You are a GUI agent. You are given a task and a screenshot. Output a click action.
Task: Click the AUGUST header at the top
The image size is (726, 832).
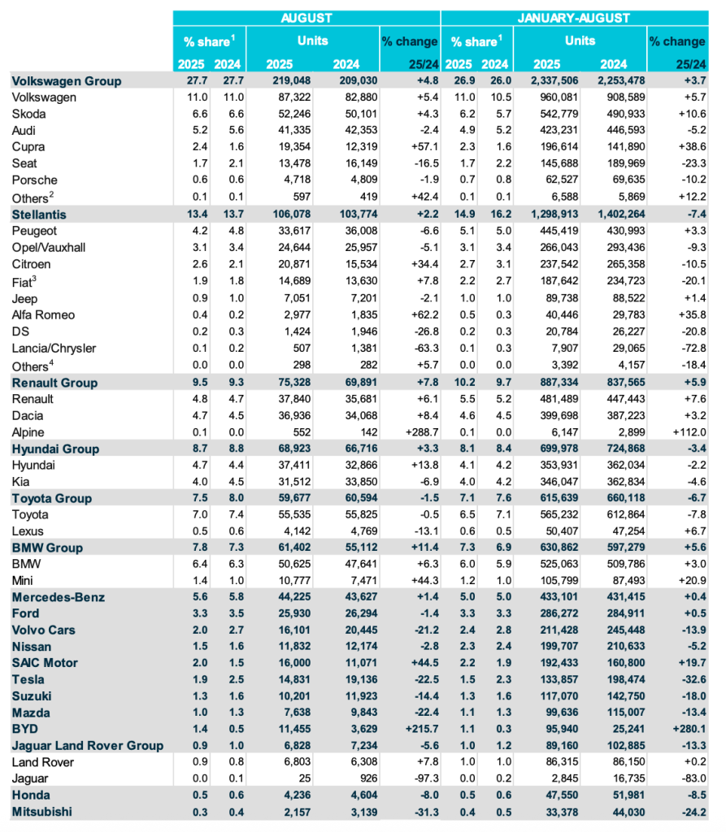point(306,18)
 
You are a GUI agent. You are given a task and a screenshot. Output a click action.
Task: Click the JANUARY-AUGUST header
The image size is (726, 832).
point(573,18)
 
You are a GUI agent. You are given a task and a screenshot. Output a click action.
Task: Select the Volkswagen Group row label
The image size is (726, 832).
point(67,80)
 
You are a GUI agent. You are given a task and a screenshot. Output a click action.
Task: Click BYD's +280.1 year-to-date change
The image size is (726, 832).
point(688,729)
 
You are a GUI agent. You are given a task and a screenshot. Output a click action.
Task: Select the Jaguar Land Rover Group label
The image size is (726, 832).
point(88,745)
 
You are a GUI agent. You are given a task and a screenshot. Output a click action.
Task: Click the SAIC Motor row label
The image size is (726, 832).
point(45,663)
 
